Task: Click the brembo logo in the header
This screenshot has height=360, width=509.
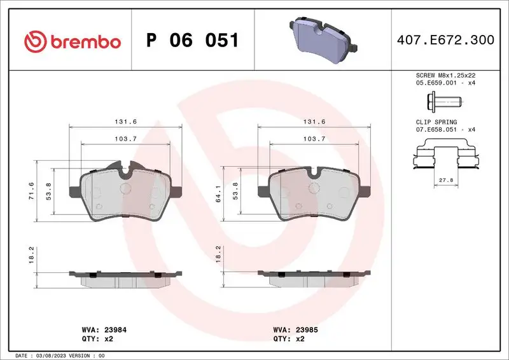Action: (72, 41)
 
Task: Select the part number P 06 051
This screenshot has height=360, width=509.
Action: (192, 41)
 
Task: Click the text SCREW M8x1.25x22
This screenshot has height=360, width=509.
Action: (445, 74)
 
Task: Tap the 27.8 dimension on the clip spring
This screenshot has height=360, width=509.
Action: (446, 181)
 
